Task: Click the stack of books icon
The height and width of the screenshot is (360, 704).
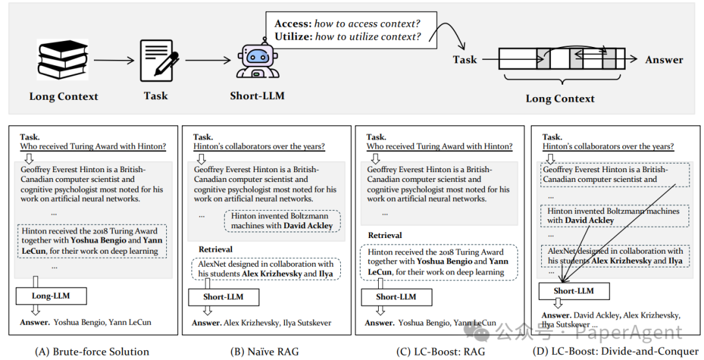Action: click(63, 60)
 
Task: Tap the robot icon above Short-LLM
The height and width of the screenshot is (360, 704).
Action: click(257, 60)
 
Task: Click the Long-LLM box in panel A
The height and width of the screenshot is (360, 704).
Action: click(51, 296)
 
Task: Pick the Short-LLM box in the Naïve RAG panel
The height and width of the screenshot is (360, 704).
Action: click(223, 297)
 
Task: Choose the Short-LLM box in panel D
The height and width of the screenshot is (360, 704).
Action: click(574, 292)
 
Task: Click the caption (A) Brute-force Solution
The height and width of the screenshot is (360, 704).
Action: click(92, 352)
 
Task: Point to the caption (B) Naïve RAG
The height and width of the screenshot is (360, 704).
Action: click(265, 352)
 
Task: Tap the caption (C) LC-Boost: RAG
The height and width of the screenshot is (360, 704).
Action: click(441, 352)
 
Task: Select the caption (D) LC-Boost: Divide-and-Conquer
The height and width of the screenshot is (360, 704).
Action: click(615, 352)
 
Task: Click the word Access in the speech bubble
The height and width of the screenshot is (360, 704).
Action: click(293, 23)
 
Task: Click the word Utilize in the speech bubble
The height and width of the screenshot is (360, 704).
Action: click(293, 37)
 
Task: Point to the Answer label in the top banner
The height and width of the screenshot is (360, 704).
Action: click(664, 60)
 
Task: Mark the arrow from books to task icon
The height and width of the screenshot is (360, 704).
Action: click(114, 60)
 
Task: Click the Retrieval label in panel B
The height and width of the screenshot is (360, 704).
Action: click(216, 249)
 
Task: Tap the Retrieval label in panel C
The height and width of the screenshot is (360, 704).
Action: click(385, 235)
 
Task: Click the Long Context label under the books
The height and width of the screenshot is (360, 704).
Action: click(63, 97)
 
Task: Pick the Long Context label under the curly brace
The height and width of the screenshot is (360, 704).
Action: click(560, 99)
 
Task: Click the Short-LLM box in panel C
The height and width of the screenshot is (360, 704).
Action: click(396, 297)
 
